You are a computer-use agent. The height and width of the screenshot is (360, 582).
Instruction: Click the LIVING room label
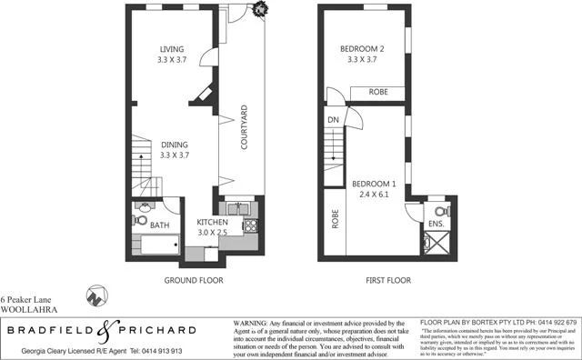(x=172, y=49)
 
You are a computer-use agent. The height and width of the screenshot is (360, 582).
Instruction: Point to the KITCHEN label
(x=212, y=222)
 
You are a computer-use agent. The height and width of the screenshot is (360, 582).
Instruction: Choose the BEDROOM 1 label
(x=375, y=182)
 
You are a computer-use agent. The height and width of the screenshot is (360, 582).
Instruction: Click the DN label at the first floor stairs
(x=333, y=119)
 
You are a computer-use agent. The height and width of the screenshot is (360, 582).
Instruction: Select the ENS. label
(x=435, y=222)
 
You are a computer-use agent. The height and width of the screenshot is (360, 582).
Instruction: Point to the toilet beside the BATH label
(x=139, y=219)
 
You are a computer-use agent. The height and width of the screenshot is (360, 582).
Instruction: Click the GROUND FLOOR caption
(x=193, y=281)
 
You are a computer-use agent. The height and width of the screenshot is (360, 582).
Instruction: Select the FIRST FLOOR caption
(x=389, y=281)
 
